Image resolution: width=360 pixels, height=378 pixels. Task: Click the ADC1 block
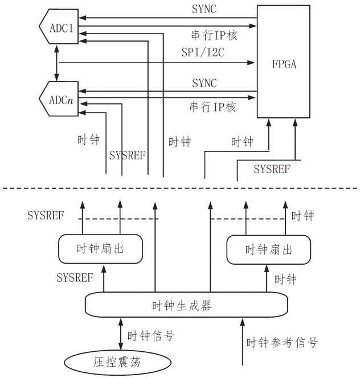[x=59, y=27]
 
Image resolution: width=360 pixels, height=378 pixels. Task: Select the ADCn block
[x=59, y=99]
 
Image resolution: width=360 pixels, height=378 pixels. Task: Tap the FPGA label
[x=284, y=64]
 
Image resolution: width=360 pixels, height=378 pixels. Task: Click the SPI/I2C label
[x=203, y=52]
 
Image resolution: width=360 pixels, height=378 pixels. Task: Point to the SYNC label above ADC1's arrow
[x=204, y=9]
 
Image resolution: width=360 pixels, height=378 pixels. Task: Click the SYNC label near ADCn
[x=204, y=83]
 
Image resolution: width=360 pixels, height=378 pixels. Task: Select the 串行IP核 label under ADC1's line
[x=214, y=35]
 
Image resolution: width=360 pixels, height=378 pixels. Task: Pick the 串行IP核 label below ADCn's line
[x=212, y=107]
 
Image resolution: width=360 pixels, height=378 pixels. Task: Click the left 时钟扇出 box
[x=101, y=249]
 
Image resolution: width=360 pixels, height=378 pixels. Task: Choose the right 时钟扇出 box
[x=268, y=249]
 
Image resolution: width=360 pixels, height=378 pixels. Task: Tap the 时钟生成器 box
[x=186, y=305]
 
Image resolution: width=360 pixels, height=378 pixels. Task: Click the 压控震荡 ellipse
[x=117, y=362]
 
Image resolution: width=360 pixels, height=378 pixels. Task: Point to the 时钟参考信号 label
[x=282, y=343]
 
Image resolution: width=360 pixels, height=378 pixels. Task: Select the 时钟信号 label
[x=151, y=335]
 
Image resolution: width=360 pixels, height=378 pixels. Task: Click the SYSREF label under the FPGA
[x=272, y=169]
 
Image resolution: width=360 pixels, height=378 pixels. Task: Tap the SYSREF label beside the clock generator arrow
[x=75, y=278]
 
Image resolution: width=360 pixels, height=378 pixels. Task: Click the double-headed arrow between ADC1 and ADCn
[x=57, y=63]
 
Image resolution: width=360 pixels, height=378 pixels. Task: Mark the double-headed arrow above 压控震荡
[x=121, y=334]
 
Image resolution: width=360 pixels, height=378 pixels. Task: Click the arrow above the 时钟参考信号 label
[x=243, y=342]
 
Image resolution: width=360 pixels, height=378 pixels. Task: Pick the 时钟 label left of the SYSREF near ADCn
[x=88, y=140]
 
